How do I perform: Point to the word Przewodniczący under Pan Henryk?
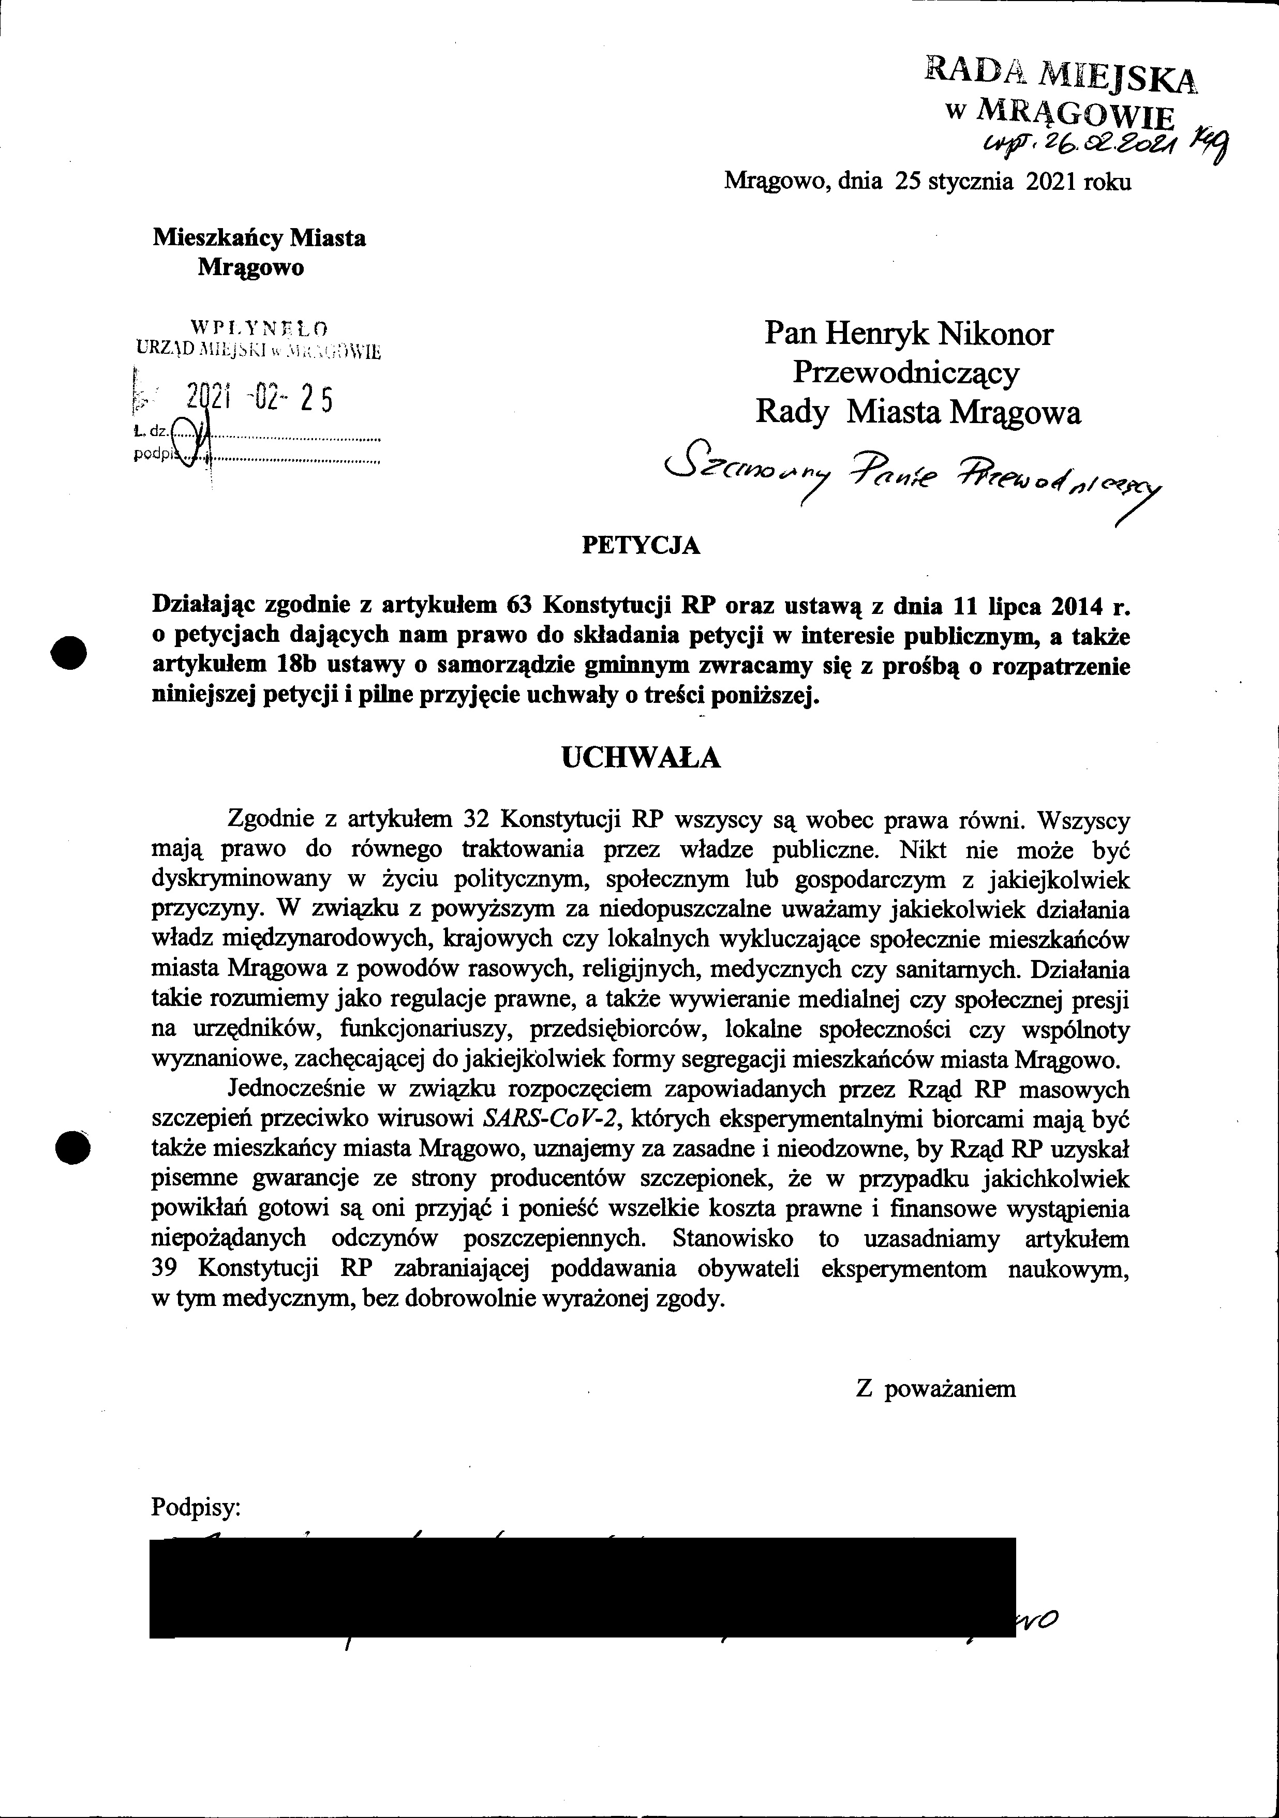tap(907, 372)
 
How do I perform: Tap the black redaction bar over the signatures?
tap(582, 1576)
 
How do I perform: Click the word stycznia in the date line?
tap(971, 182)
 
